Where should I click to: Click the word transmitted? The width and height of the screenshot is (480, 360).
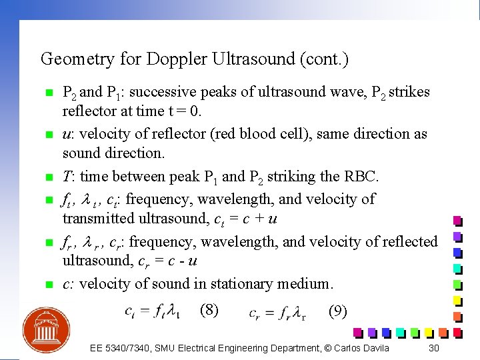[x=99, y=219]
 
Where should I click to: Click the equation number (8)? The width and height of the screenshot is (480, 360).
[x=209, y=309]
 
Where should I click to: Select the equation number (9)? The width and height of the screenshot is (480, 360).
[x=337, y=311]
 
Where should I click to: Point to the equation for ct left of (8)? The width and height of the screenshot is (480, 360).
[x=152, y=311]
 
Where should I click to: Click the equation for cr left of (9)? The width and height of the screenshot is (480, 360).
[x=277, y=312]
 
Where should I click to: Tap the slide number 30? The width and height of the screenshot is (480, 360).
[x=434, y=348]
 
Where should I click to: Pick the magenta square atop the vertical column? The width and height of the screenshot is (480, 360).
[x=457, y=221]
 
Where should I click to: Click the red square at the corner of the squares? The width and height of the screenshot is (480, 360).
[x=457, y=332]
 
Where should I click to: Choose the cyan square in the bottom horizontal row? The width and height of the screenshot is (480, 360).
[x=400, y=332]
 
